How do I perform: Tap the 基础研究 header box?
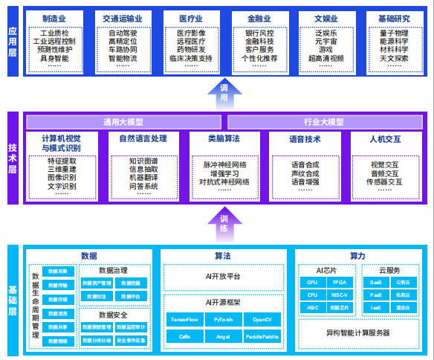point(386,17)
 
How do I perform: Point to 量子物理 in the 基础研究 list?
point(386,33)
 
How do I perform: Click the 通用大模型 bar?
point(124,121)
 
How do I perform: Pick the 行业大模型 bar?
point(325,121)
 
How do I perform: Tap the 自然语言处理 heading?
point(145,138)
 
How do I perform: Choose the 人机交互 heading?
point(385,138)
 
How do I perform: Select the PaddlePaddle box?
point(262,336)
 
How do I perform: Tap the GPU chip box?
point(313,283)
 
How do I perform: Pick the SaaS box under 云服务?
point(377,283)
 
